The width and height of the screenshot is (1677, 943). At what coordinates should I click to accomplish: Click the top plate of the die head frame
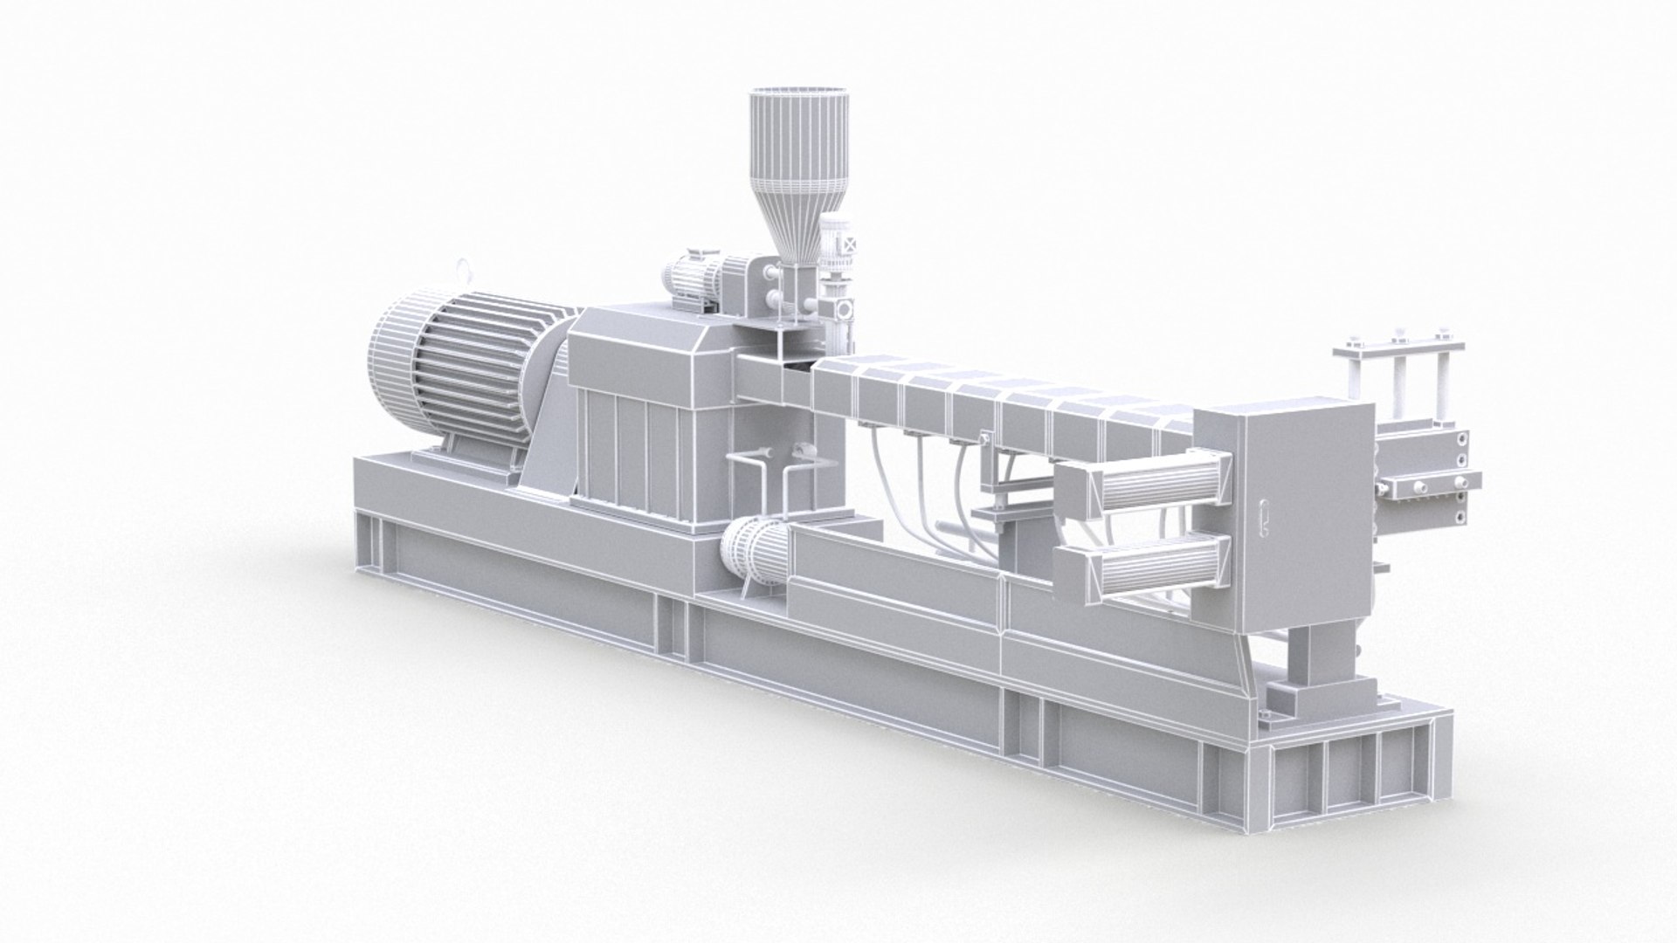pos(1397,344)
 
